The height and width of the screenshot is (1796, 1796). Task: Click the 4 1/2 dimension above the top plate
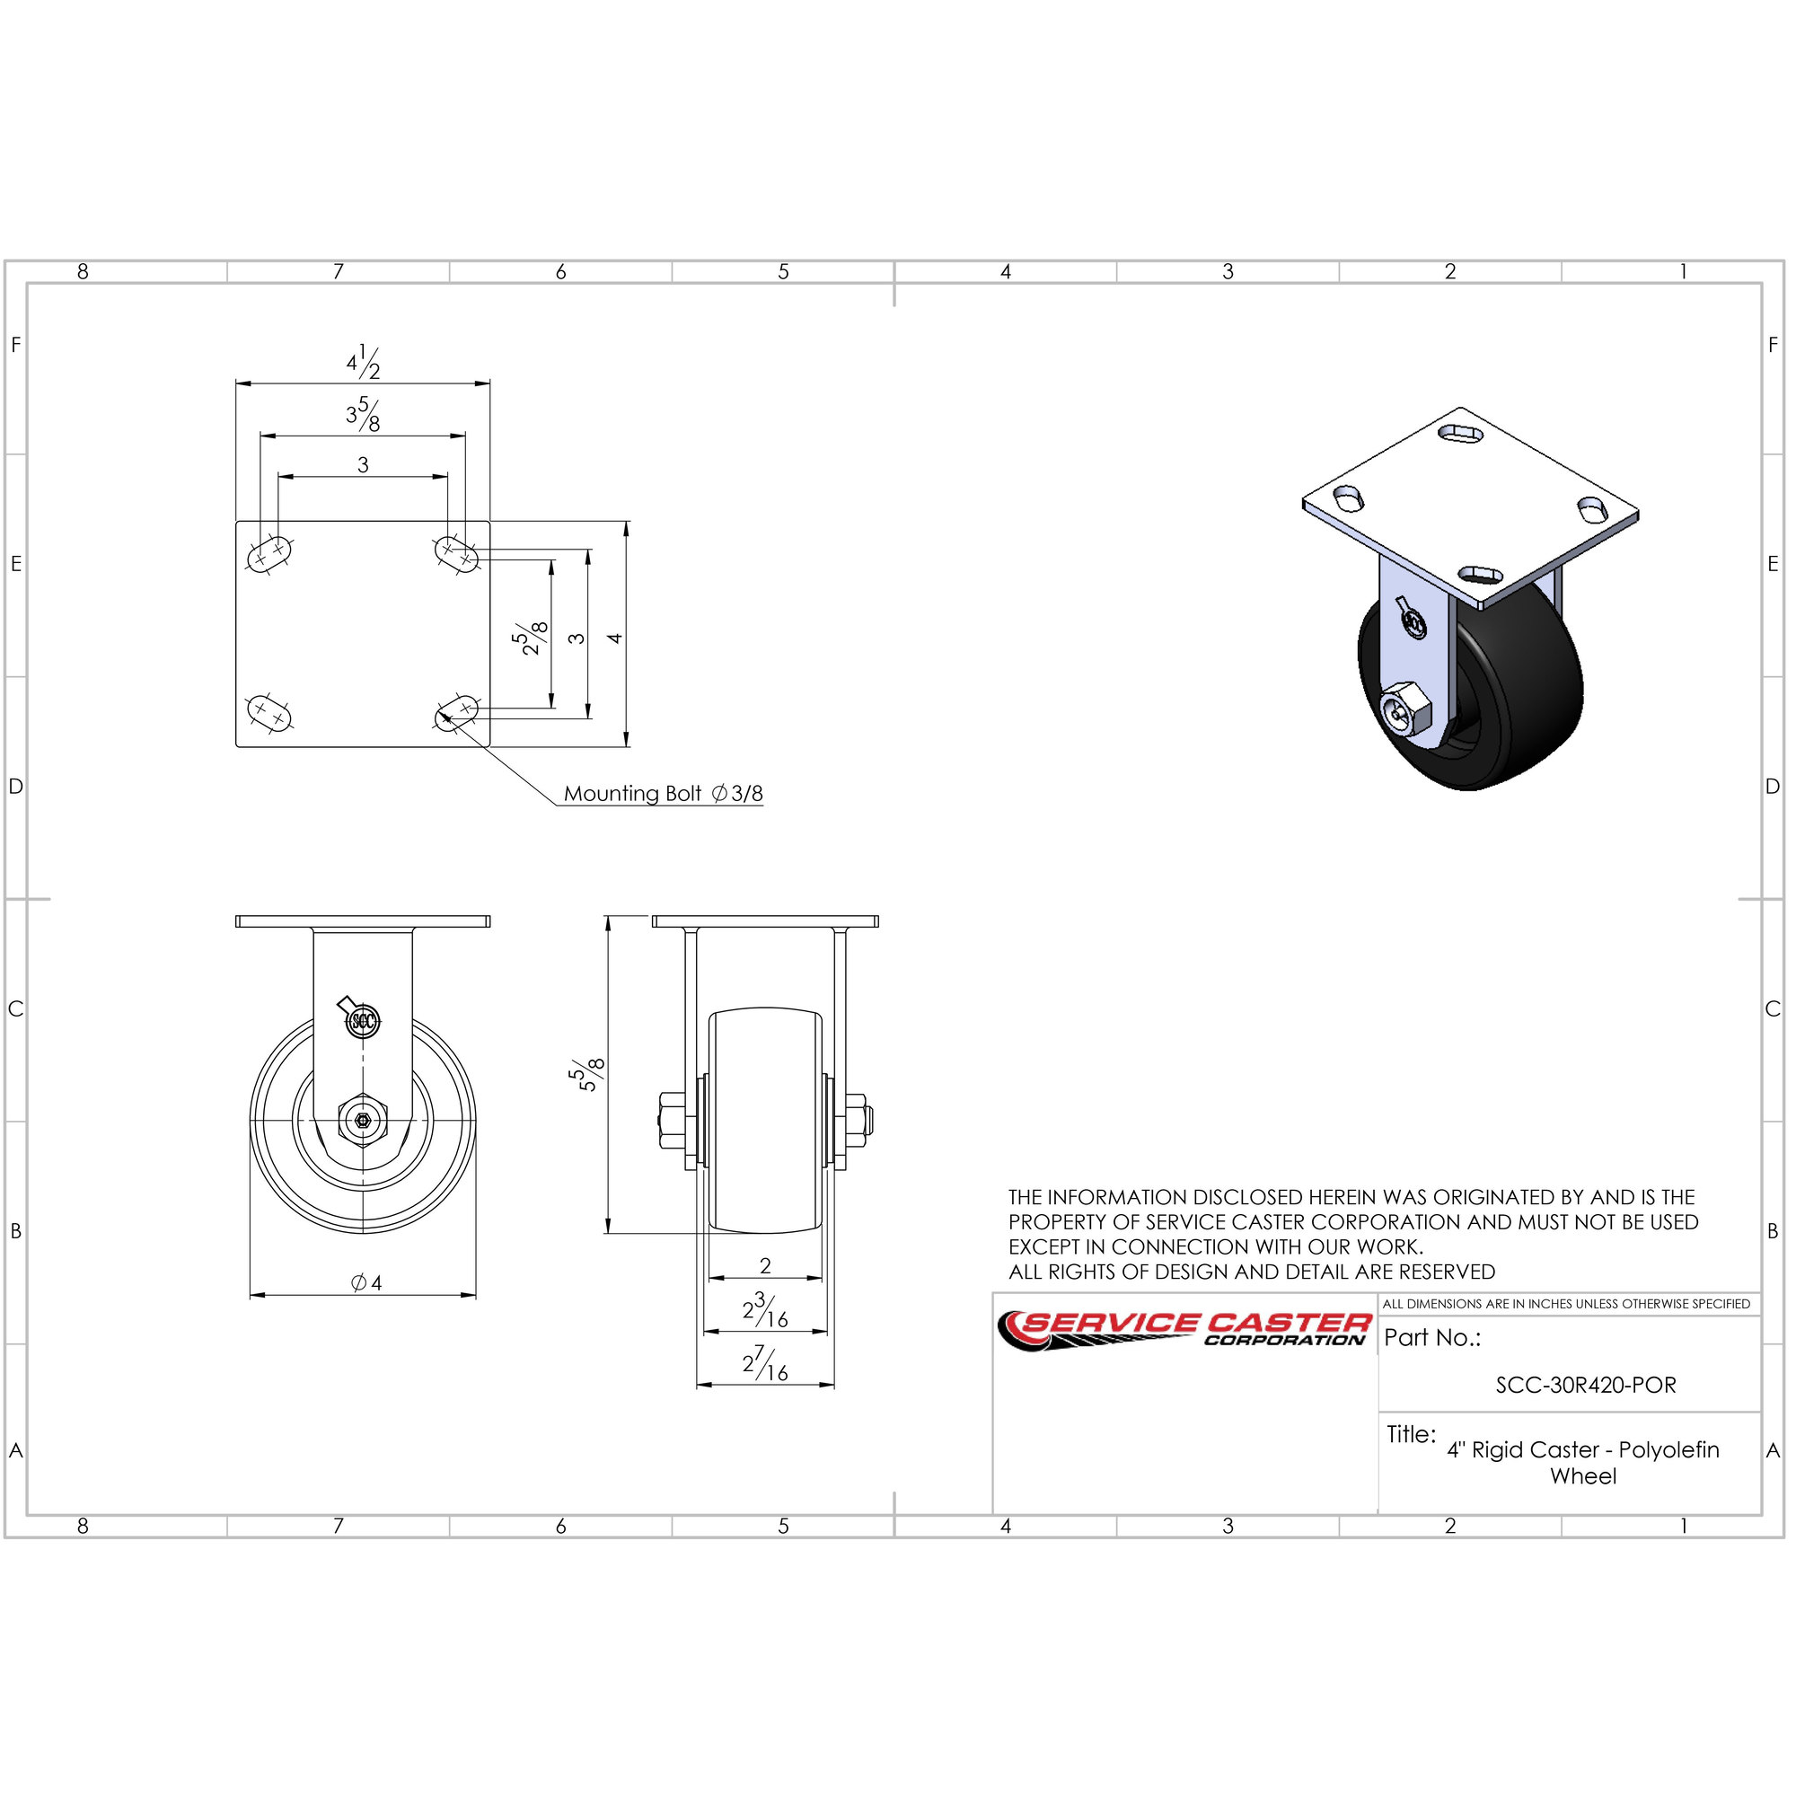point(364,363)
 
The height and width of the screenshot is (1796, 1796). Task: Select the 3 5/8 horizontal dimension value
point(364,415)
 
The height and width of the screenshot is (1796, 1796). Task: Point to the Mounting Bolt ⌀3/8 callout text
point(663,793)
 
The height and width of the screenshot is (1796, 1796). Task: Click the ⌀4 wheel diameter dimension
point(366,1283)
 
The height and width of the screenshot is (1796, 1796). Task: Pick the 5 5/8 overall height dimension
point(586,1075)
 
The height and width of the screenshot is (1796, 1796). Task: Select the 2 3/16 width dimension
point(765,1311)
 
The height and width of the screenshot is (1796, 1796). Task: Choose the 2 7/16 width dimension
point(765,1364)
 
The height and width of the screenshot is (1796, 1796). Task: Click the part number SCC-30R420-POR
point(1586,1385)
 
